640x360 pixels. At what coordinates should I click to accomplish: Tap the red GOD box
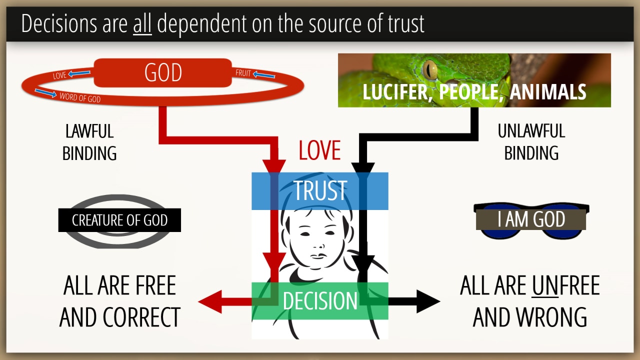163,73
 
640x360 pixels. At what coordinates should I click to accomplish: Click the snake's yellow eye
429,69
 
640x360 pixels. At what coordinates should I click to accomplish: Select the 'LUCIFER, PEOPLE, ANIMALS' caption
474,92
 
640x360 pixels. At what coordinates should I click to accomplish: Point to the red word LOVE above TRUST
319,150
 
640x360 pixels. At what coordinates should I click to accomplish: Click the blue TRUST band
320,190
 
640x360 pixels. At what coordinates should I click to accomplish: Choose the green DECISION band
320,301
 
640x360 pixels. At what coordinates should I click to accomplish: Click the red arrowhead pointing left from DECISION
209,301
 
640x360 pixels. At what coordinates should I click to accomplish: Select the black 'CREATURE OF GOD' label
119,220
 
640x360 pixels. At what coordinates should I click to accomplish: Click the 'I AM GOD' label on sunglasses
531,219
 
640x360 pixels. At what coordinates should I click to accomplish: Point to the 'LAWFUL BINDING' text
89,142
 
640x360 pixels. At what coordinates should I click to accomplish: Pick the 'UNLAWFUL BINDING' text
531,142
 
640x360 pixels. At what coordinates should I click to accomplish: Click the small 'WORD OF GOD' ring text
80,97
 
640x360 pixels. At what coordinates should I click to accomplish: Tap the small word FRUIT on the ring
243,73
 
